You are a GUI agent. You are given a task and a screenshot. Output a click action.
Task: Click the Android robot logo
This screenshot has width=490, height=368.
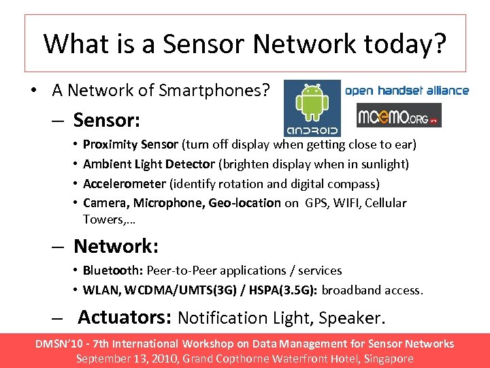312,108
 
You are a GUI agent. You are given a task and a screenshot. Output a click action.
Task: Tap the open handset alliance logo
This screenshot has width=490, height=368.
407,90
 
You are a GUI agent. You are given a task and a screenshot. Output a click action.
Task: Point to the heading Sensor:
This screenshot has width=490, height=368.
107,121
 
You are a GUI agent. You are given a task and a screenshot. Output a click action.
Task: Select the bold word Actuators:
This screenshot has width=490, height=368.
125,318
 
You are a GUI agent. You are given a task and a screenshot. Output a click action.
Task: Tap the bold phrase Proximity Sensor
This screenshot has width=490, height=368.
131,144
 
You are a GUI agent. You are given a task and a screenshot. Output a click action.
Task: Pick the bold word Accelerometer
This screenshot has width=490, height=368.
124,184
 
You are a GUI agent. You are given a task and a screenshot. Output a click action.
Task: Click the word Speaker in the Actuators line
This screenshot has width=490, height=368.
357,318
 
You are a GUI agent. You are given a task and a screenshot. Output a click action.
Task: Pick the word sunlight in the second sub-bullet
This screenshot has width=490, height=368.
384,164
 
